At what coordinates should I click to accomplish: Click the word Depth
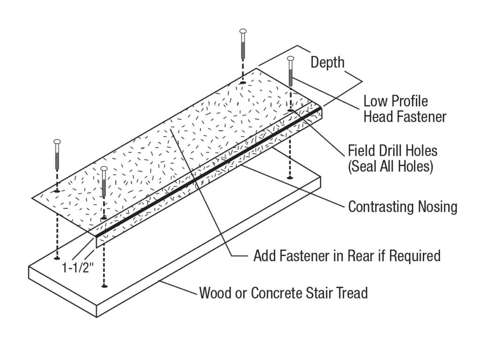coord(328,62)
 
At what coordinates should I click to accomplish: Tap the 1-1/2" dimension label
coord(77,268)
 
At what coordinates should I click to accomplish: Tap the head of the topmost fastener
coord(242,32)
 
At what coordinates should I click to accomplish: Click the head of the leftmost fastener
coord(58,142)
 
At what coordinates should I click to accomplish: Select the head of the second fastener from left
coord(104,168)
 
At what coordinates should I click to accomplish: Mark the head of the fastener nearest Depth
coord(291,59)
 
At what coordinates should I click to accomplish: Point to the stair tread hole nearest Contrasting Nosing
coord(291,178)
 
